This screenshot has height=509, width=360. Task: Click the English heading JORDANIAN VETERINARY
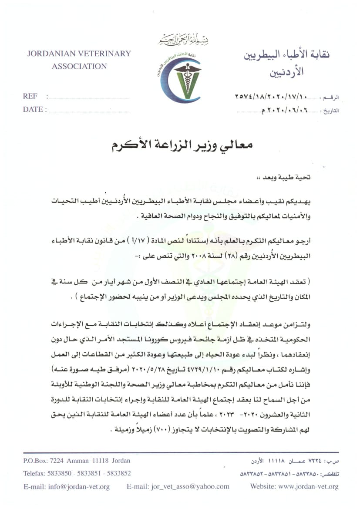[x=79, y=54]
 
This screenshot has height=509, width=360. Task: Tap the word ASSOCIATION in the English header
[x=79, y=67]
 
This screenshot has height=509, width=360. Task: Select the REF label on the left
[x=30, y=96]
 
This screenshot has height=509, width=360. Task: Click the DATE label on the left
[x=32, y=109]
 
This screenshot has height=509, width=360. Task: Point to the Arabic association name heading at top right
[x=285, y=61]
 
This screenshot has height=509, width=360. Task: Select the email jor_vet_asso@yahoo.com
[x=178, y=486]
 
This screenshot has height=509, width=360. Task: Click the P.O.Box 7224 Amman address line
[x=76, y=461]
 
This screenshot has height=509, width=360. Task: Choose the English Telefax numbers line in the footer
[x=77, y=473]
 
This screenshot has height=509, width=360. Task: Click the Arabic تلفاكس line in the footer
[x=289, y=473]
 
